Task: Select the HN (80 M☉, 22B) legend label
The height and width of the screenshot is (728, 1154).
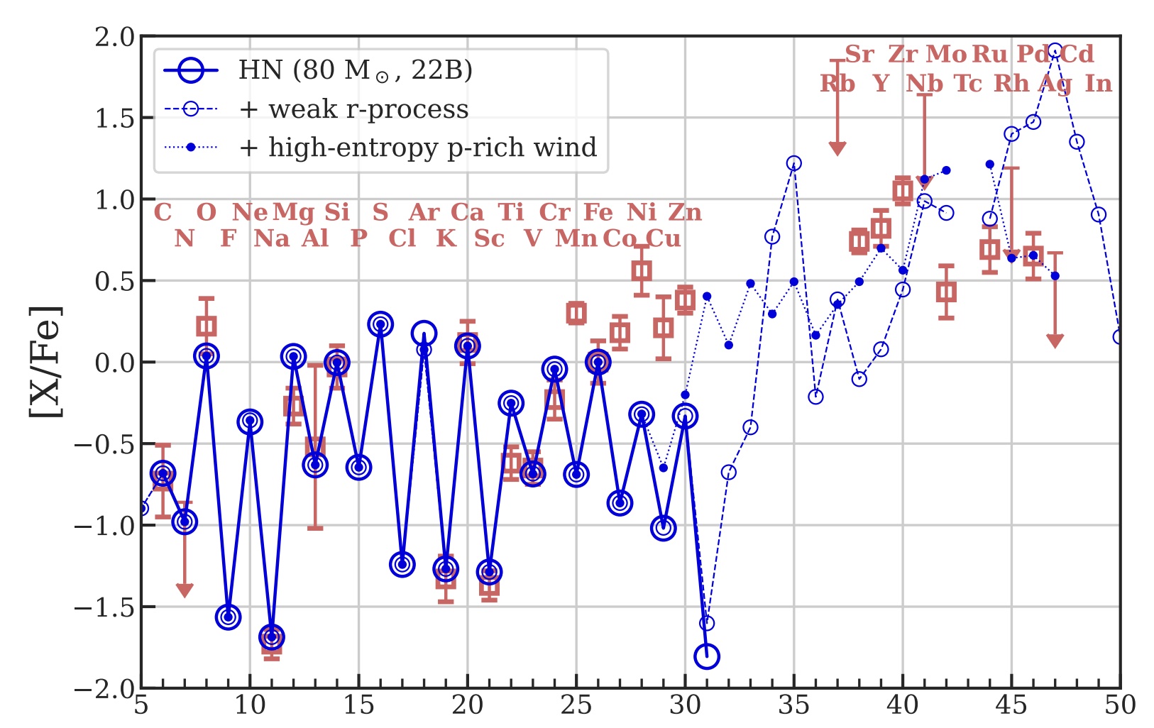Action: pos(355,70)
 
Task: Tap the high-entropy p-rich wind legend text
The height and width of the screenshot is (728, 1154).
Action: pos(432,148)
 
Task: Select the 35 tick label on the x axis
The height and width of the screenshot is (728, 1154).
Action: pos(793,705)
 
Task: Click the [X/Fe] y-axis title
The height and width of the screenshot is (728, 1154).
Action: pos(45,363)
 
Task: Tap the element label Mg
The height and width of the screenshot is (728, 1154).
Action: pos(293,212)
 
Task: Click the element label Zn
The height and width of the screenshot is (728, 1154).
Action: pos(685,212)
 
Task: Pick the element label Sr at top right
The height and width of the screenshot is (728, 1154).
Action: pos(859,54)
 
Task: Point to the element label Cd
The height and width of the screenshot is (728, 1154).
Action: pos(1077,54)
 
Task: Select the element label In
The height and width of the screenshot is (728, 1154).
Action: pos(1098,84)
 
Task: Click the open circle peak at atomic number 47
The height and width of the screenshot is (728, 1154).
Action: pos(1055,51)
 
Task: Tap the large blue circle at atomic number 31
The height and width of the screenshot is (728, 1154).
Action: pos(707,656)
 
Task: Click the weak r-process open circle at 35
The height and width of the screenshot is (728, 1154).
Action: pos(793,163)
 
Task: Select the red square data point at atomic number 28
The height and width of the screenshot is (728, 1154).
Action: pos(642,270)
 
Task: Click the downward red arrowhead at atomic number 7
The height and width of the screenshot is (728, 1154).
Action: pos(185,590)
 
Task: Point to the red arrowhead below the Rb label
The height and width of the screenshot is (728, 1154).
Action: pos(837,148)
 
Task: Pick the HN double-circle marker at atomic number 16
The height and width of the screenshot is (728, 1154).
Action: pos(380,324)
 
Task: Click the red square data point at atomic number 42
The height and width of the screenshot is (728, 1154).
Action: pos(946,292)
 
